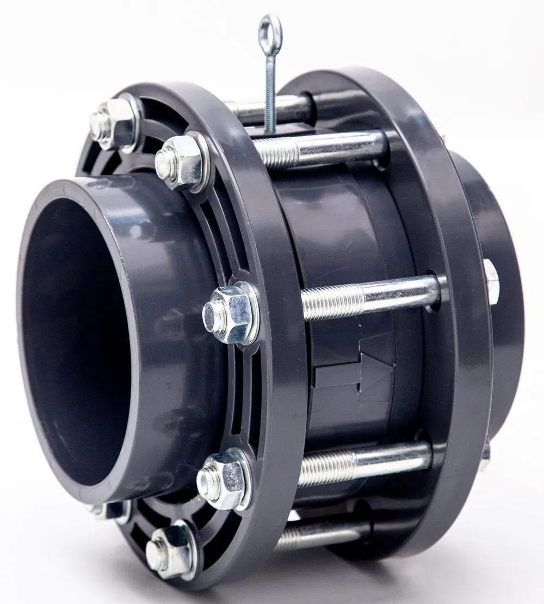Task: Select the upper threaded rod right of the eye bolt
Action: pos(321,150)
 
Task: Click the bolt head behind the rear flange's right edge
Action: pos(490,281)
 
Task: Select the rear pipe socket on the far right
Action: pos(490,218)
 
